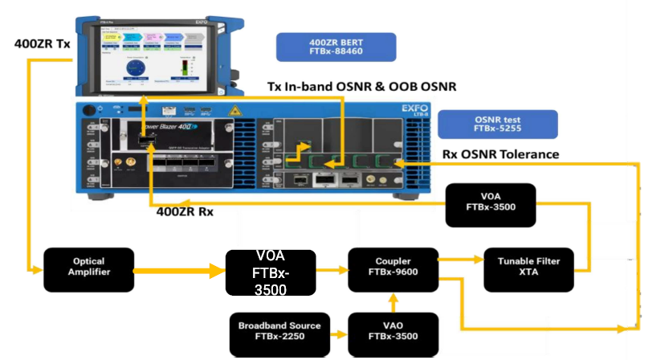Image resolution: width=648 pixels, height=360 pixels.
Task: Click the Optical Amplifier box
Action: pos(89,267)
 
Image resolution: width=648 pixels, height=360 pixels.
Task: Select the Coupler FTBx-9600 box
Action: pos(393,267)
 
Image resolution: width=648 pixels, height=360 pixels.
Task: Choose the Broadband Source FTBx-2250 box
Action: pos(279,332)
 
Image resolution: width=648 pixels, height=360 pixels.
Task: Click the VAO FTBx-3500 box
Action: pos(393,332)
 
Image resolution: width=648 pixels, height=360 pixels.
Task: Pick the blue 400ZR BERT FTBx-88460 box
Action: pos(335,47)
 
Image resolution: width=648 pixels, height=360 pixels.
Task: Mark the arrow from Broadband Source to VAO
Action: pos(338,332)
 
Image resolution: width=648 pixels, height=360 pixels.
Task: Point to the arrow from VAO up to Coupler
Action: pos(393,301)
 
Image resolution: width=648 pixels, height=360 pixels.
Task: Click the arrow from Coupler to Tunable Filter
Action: pos(460,260)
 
